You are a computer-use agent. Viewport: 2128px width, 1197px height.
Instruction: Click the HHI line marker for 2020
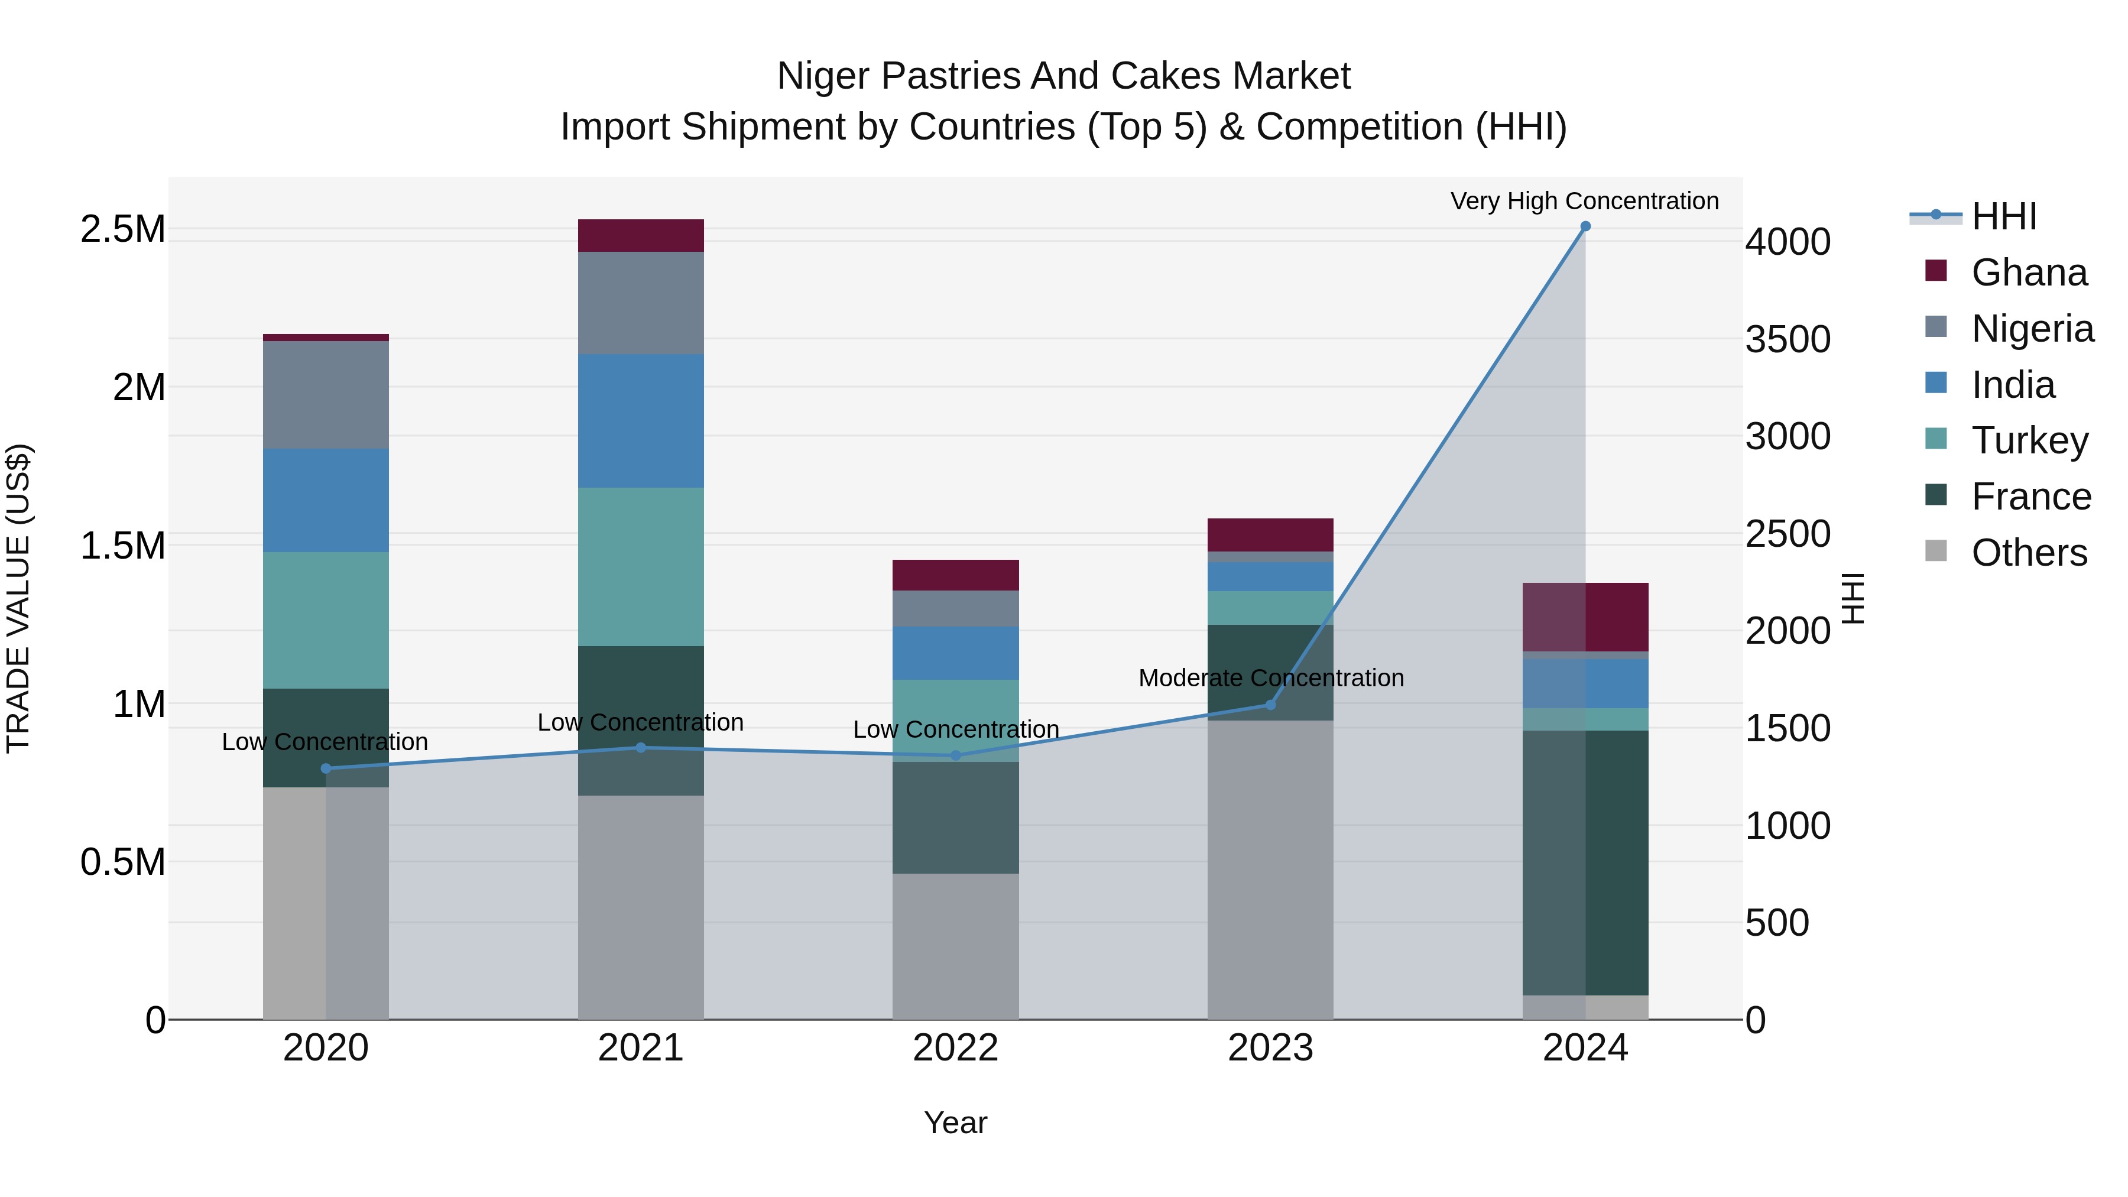click(326, 768)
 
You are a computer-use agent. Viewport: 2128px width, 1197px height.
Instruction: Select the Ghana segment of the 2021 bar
click(640, 235)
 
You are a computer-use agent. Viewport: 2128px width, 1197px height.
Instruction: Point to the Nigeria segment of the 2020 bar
click(326, 395)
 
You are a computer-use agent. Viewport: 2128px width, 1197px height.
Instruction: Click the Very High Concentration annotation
click(1584, 201)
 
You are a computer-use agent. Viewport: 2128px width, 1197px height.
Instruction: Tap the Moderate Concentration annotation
click(1270, 678)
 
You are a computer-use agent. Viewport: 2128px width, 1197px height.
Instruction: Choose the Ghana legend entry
click(2028, 273)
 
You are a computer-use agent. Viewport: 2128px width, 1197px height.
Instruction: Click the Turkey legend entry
click(2029, 440)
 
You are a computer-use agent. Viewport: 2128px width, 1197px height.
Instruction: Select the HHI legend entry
click(2003, 216)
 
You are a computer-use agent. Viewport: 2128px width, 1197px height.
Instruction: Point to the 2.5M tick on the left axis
click(122, 229)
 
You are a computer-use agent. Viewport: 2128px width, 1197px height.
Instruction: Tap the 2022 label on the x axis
click(955, 1048)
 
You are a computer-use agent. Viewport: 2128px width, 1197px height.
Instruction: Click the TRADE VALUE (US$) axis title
click(18, 598)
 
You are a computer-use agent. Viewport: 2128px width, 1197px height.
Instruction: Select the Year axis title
click(955, 1123)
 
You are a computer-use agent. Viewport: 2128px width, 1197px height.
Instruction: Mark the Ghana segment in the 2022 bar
click(955, 575)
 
